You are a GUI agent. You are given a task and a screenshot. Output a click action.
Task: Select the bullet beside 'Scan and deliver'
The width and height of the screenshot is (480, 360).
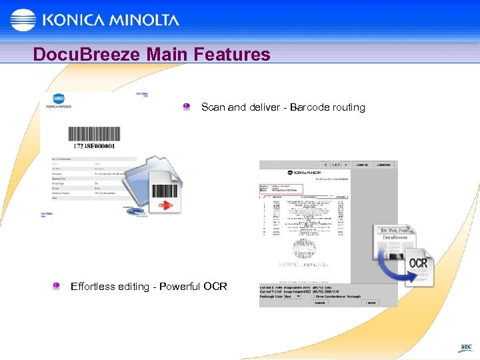pyautogui.click(x=187, y=107)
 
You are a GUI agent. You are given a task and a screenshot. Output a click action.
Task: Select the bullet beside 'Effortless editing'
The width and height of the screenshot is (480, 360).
pyautogui.click(x=57, y=287)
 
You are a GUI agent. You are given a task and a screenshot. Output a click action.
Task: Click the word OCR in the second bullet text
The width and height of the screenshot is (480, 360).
pyautogui.click(x=215, y=287)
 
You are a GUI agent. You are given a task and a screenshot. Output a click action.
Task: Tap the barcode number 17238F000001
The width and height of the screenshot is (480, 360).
pyautogui.click(x=92, y=145)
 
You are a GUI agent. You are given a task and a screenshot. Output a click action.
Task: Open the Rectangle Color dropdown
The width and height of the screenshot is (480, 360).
pyautogui.click(x=293, y=296)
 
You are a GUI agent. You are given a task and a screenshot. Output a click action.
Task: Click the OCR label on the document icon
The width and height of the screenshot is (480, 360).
pyautogui.click(x=417, y=263)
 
